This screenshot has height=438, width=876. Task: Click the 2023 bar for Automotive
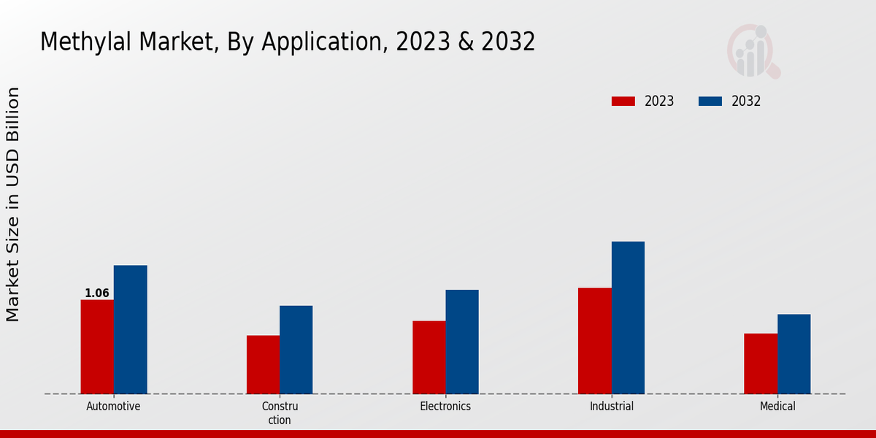(x=97, y=347)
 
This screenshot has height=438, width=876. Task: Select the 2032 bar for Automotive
(x=130, y=329)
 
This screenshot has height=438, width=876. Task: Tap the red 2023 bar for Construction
(x=263, y=364)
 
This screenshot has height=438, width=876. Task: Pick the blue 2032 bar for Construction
(x=296, y=350)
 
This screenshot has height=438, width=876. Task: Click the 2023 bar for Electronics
(x=429, y=357)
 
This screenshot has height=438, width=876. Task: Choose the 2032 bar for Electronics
(x=462, y=342)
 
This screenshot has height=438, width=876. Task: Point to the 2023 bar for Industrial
(x=594, y=341)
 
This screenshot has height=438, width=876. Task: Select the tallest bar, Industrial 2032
(x=628, y=318)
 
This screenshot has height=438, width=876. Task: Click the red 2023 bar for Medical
(x=761, y=364)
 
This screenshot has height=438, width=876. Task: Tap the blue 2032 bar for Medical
(x=794, y=354)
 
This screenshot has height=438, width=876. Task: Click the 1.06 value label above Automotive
(x=97, y=293)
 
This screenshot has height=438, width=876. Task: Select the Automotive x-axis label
(x=113, y=407)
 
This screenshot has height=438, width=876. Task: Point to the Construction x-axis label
(x=280, y=413)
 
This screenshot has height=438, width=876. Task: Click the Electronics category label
(x=445, y=407)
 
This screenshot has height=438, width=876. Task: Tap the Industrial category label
(x=612, y=407)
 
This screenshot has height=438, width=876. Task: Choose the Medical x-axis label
(x=777, y=407)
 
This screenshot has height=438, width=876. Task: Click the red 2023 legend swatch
(x=623, y=101)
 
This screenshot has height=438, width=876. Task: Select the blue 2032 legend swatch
(x=710, y=101)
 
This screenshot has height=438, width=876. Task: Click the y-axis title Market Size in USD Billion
(x=13, y=204)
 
